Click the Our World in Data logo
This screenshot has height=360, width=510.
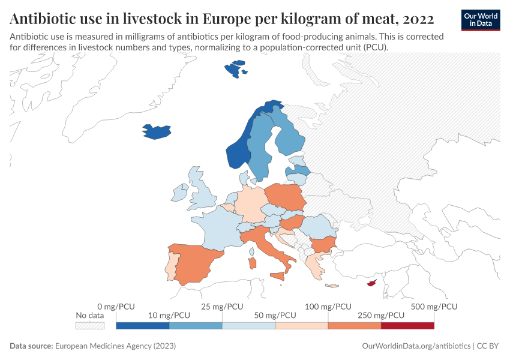tap(481, 20)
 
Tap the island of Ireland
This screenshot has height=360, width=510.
tap(179, 193)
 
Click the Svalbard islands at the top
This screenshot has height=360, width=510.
tap(235, 68)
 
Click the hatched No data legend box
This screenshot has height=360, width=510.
tap(90, 326)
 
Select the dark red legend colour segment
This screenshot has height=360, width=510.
tap(407, 326)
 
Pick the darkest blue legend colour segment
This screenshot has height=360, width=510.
tap(143, 326)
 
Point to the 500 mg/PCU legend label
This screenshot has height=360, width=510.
tap(434, 307)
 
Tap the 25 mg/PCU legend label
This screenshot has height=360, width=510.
tap(223, 307)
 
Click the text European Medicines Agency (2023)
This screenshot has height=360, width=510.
tap(115, 346)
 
